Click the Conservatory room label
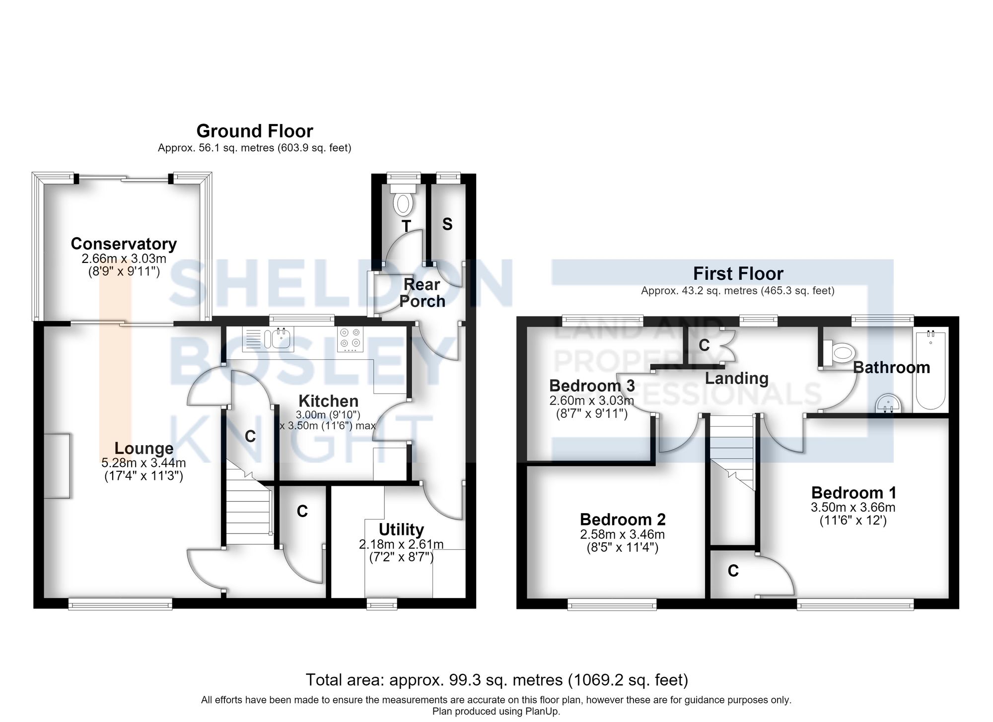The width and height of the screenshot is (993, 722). coord(124,244)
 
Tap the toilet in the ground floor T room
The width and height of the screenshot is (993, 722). coord(403,198)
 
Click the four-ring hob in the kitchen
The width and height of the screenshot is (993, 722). coord(350,339)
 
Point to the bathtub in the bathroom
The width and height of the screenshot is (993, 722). coord(930,368)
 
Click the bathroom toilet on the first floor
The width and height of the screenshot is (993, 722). coord(838,353)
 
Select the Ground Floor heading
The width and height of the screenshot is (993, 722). coord(255,131)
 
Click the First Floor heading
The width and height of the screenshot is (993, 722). coord(738,273)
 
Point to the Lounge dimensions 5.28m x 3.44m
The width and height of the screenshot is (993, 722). coord(144,463)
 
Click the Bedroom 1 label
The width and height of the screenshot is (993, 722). coord(853,493)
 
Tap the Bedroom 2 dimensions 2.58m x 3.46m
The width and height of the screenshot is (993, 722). coord(622,534)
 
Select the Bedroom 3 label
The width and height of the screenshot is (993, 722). coord(592,386)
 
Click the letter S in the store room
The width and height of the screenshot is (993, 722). coord(447,224)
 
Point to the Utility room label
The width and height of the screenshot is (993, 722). coord(401,529)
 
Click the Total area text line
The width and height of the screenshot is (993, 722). coord(496,680)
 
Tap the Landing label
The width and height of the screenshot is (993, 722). coord(737,379)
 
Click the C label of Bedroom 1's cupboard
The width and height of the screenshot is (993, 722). coord(733,571)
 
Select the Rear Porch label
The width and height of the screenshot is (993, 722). coord(422,293)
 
